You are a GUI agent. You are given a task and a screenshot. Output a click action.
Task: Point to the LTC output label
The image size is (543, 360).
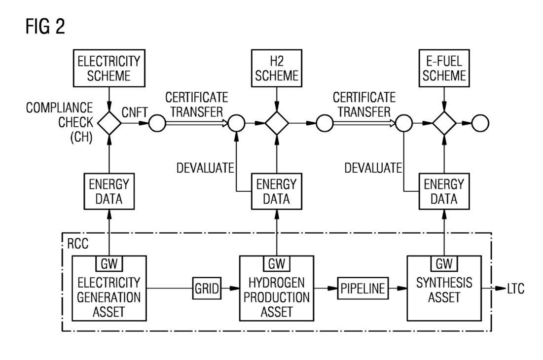(516, 288)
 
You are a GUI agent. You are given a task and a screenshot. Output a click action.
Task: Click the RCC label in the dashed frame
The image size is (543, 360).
(77, 244)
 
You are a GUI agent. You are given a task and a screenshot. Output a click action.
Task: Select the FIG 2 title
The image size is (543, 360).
(45, 26)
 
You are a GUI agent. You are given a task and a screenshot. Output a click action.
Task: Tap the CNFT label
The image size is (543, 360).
(135, 112)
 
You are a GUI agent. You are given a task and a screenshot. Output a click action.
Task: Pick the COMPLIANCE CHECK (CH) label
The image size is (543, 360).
(60, 122)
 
